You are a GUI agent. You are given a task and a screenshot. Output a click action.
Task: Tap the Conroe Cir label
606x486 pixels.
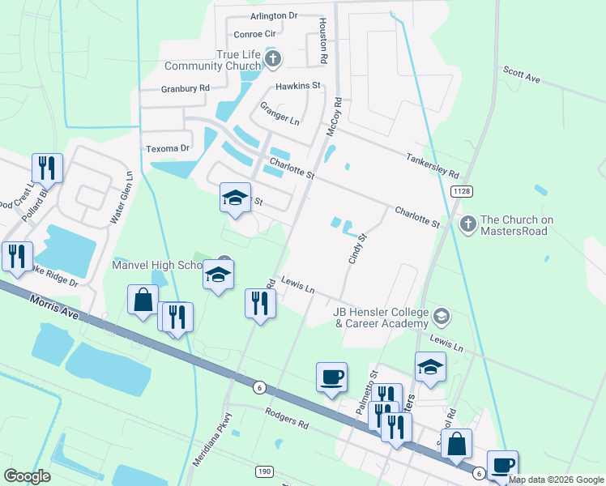pos(255,34)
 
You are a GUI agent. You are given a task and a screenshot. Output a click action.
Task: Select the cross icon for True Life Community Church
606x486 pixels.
pos(274,58)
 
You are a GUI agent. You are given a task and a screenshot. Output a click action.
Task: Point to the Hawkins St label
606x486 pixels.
pos(298,85)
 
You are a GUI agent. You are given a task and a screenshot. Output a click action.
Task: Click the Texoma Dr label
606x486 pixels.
pos(167,148)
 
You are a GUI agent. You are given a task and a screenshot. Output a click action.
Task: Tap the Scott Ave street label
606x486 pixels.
pos(521,75)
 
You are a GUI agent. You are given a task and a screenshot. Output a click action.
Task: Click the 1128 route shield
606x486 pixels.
pos(462,191)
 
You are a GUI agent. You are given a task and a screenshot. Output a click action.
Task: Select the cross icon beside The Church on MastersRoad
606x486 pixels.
pos(467,224)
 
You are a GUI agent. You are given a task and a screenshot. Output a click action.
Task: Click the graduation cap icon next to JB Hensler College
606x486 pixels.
pos(442,315)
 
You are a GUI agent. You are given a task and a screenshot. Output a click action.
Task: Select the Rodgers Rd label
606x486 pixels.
pos(287,418)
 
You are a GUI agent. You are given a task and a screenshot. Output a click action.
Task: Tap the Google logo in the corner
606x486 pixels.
pos(28,476)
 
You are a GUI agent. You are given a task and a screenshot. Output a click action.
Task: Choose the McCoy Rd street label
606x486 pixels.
pos(335,117)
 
